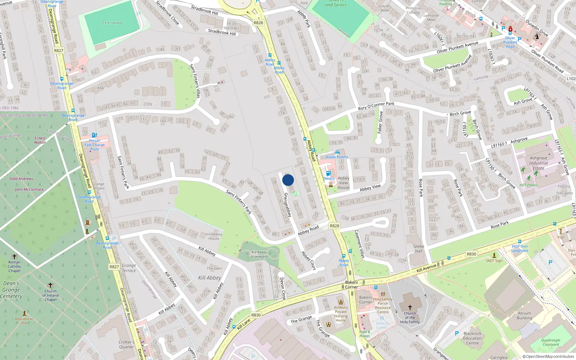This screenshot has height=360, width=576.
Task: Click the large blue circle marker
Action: (288, 180)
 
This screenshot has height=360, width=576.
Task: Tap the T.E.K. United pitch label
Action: (112, 23)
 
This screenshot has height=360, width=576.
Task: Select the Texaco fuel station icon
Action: (328, 173)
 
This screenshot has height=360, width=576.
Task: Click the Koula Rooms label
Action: (337, 157)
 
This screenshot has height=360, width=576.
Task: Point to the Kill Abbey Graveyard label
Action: (259, 255)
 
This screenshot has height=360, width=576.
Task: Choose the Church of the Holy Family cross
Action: (410, 307)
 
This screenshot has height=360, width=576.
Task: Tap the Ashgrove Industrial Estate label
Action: (538, 163)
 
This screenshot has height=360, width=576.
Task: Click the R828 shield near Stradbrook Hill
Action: (258, 23)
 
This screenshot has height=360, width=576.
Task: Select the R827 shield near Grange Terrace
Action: (114, 267)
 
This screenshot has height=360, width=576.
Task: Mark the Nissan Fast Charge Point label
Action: (95, 145)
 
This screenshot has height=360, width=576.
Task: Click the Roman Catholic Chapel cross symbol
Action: (14, 257)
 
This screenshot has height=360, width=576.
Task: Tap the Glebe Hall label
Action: (419, 249)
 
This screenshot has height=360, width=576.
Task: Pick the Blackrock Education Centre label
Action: (472, 338)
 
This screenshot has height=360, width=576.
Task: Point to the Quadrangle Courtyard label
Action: (550, 342)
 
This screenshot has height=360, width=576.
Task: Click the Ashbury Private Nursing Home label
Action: (341, 314)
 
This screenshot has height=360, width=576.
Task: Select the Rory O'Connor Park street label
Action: (376, 106)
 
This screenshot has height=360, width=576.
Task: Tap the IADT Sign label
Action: (494, 261)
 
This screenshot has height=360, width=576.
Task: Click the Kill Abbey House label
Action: (214, 236)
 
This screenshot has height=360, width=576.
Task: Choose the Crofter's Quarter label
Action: (126, 345)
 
